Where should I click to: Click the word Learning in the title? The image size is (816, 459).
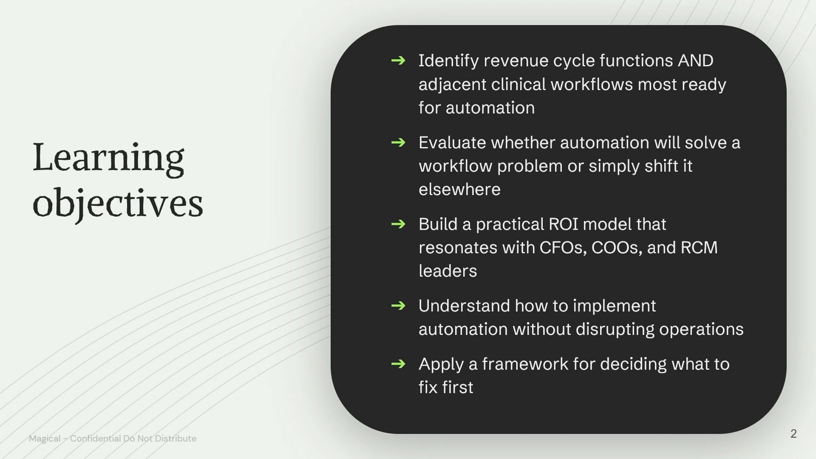coord(108,159)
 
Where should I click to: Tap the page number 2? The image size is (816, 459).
coord(793,433)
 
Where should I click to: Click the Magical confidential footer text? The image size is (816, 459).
coord(113,438)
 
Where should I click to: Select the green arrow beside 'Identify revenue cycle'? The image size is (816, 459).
coord(398,61)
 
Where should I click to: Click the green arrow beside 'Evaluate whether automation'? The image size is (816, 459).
coord(398,142)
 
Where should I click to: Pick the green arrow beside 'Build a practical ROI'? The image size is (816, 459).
coord(398,224)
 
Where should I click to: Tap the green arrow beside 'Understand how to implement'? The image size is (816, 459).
coord(398,306)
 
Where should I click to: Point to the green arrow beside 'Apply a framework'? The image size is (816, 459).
coord(398,364)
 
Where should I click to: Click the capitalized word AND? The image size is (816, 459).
coord(696,61)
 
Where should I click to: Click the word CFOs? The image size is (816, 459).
coord(563,248)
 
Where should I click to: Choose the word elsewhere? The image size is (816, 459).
coord(459,190)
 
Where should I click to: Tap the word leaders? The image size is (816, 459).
coord(448,271)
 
